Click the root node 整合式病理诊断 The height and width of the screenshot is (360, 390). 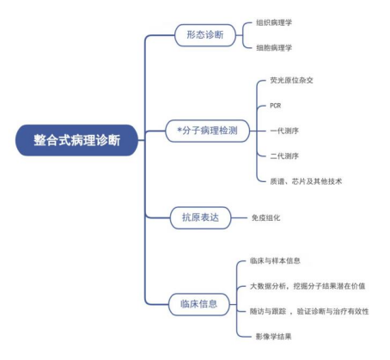tap(76, 140)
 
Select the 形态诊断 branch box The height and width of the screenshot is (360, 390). tap(205, 35)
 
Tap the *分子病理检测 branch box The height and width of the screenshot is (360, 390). tap(207, 131)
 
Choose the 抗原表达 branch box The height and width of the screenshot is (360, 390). tap(200, 217)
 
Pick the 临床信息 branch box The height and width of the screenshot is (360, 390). tap(199, 304)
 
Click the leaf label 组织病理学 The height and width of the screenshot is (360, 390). tap(274, 22)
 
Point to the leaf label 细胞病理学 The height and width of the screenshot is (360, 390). tap(274, 47)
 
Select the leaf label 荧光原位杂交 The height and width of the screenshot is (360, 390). tap(291, 80)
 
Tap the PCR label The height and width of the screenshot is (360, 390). tap(276, 106)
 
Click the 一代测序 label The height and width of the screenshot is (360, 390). tap(284, 131)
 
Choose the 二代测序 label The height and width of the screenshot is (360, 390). tap(284, 156)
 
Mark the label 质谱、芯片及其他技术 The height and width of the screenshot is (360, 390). tap(306, 181)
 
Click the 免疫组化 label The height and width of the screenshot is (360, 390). tap(265, 217)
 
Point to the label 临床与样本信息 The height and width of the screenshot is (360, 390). tap(275, 260)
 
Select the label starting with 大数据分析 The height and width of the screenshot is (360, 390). tap(308, 286)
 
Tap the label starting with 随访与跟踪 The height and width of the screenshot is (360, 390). tap(309, 311)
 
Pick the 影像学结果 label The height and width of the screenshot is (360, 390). tap(273, 336)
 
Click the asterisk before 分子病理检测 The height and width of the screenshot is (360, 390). tap(180, 131)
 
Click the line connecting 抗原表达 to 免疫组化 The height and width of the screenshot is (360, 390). tap(239, 217)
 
